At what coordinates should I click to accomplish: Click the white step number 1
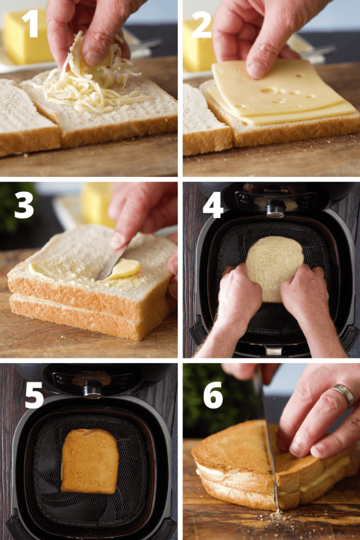(30, 23)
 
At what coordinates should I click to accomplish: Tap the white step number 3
(24, 204)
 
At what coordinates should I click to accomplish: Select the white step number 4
(213, 205)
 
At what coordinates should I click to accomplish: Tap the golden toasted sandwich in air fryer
(90, 460)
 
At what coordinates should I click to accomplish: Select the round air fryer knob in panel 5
(92, 389)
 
